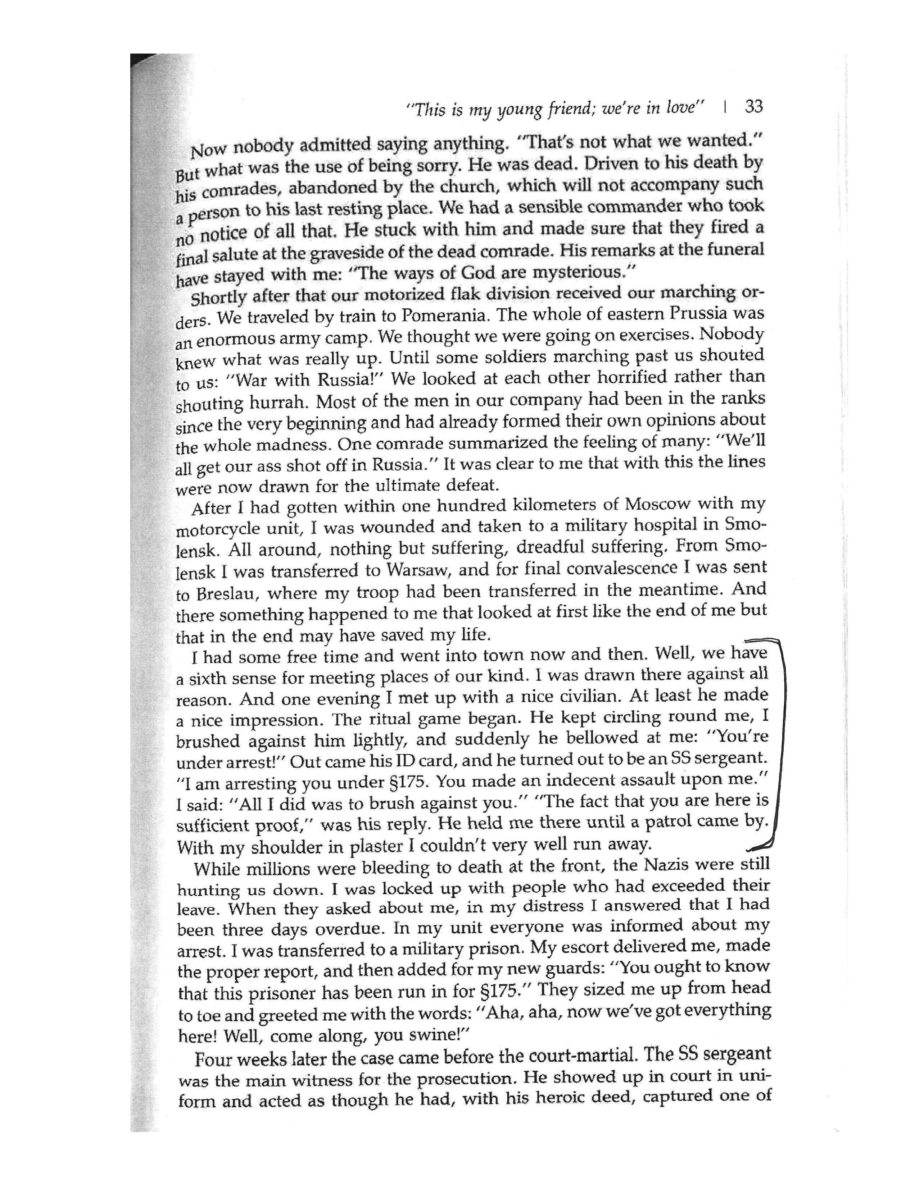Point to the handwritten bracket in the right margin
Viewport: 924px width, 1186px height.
pos(782,749)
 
